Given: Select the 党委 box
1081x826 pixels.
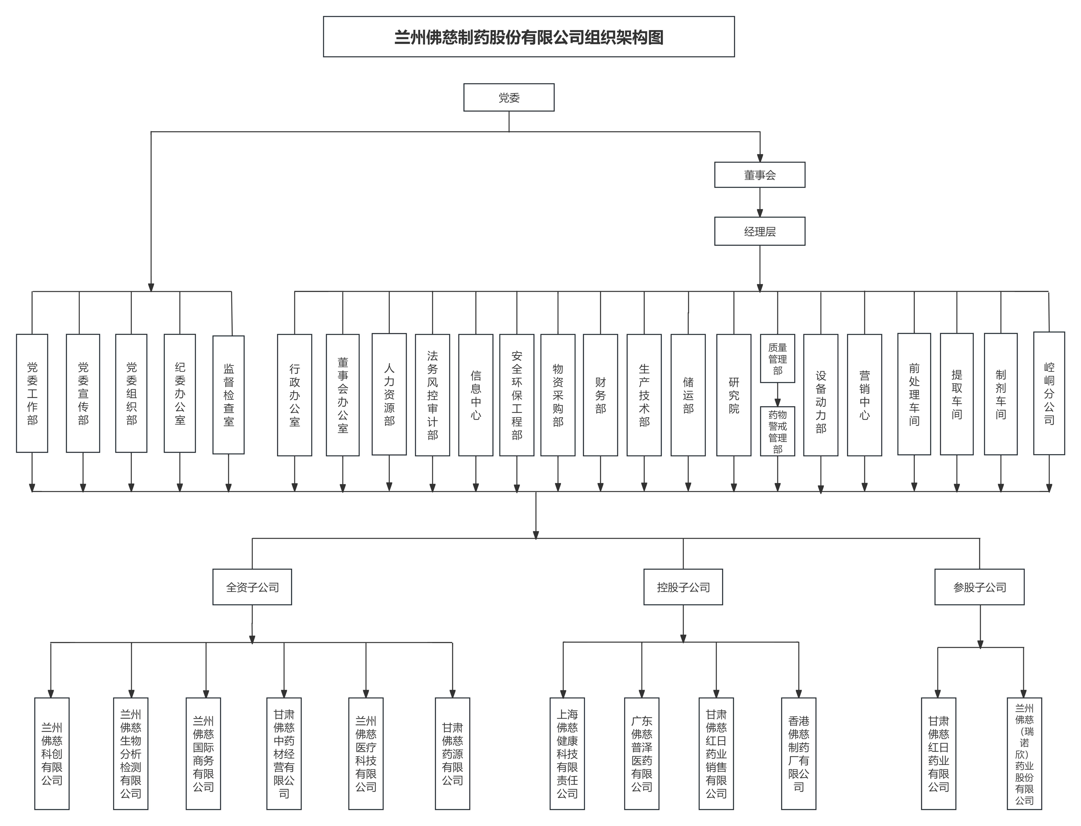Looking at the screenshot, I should pyautogui.click(x=509, y=97).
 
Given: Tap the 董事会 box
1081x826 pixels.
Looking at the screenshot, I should pyautogui.click(x=760, y=175).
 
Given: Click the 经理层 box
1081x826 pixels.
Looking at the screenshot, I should pyautogui.click(x=760, y=231).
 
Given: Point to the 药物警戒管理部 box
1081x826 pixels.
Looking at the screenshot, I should pyautogui.click(x=777, y=431).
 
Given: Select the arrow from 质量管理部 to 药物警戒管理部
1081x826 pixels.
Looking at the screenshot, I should pyautogui.click(x=777, y=395).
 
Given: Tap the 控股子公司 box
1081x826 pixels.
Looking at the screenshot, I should pyautogui.click(x=683, y=587).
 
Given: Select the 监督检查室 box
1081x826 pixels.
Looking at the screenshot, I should pyautogui.click(x=228, y=395).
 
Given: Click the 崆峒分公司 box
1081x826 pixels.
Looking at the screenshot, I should pyautogui.click(x=1049, y=393).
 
